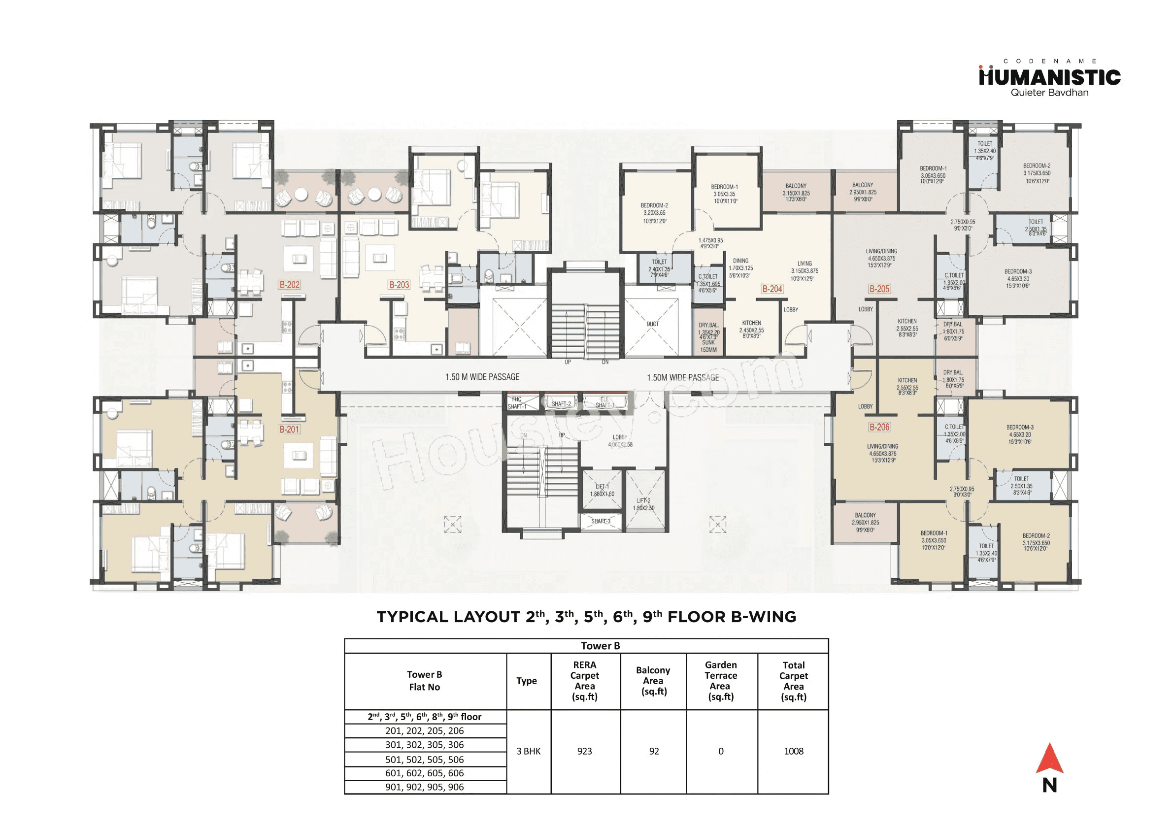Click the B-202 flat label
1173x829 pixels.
tap(290, 285)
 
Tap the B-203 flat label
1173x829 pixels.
tap(399, 285)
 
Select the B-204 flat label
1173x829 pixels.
tap(772, 289)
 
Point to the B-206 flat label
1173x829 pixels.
tap(879, 427)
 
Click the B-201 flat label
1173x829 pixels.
tap(289, 430)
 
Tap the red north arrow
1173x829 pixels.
tap(1049, 759)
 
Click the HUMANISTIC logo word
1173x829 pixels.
tap(1049, 78)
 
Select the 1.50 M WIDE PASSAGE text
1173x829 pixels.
tap(482, 377)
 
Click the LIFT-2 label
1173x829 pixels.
tap(644, 500)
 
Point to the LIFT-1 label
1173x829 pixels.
tap(603, 487)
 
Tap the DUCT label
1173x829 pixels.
tap(652, 324)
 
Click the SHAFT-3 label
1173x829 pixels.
tap(601, 521)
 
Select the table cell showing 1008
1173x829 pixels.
tap(793, 751)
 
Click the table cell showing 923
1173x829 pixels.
tap(584, 751)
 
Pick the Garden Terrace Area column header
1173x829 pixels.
tap(721, 680)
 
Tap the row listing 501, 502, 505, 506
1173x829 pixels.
tap(425, 760)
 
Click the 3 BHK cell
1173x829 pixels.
tap(528, 751)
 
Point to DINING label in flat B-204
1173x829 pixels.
tap(740, 261)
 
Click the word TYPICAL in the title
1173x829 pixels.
tap(412, 617)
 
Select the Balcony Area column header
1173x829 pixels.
tap(653, 680)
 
